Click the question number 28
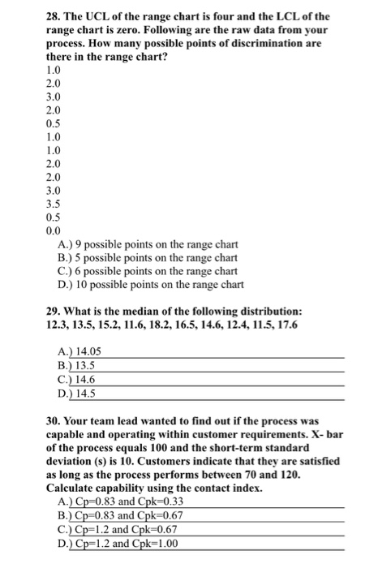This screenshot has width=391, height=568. [x=54, y=16]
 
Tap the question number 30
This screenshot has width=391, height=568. [x=54, y=424]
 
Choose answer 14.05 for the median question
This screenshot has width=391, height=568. [x=88, y=351]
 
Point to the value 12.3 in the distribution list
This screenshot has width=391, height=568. [x=58, y=325]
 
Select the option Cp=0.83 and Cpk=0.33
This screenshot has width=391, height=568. [x=135, y=503]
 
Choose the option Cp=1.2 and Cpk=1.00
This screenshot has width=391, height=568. [x=135, y=544]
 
